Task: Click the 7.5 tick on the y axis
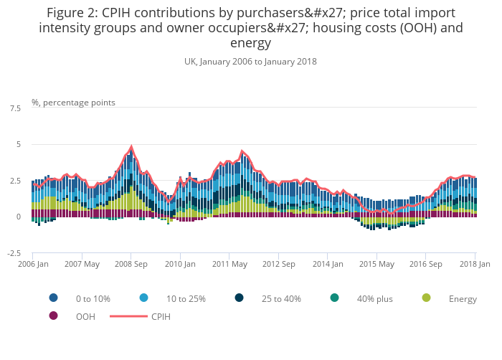point(14,108)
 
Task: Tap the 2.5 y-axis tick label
point(14,181)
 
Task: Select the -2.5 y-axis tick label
point(14,253)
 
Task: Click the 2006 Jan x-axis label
point(32,264)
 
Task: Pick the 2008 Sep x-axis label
point(131,264)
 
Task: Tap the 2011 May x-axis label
point(229,264)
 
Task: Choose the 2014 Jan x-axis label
point(327,264)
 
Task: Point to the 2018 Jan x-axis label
point(475,264)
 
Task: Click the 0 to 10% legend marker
point(53,298)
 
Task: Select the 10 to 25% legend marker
point(144,298)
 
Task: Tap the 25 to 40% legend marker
point(239,298)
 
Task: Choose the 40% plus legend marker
point(334,298)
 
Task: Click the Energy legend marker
point(426,298)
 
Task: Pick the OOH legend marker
point(53,316)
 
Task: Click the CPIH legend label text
point(161,316)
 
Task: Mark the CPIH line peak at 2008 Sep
point(131,147)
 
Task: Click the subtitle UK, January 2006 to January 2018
point(250,62)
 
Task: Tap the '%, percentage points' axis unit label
point(73,103)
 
